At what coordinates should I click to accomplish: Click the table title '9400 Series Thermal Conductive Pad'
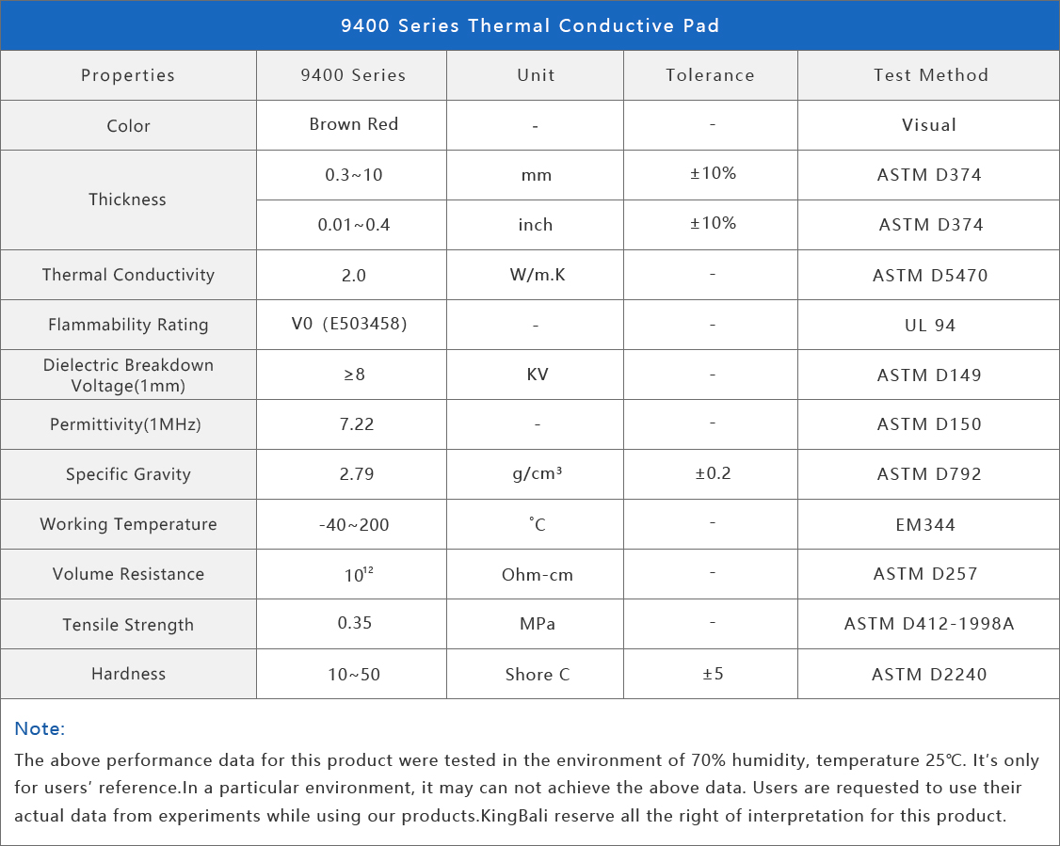point(530,25)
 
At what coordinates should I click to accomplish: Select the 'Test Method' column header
point(930,75)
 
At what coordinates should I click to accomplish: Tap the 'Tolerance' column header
point(710,75)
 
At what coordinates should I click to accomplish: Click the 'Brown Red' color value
point(353,124)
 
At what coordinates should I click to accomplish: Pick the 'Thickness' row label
point(127,200)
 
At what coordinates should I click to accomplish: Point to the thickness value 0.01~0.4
point(353,225)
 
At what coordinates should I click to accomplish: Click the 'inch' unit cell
point(536,225)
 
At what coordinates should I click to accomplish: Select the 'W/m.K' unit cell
point(536,275)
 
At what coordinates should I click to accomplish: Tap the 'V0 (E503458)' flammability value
point(348,325)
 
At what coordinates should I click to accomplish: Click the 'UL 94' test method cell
point(930,325)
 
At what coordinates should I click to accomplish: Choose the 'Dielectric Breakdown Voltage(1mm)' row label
point(128,375)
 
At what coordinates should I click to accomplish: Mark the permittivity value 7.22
point(357,424)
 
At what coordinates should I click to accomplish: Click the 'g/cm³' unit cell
point(537,474)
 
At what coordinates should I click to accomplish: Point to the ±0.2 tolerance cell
point(713,473)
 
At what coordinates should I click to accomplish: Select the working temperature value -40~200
point(354,524)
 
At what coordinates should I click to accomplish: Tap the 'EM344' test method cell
point(925,524)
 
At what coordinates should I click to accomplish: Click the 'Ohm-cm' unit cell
point(537,574)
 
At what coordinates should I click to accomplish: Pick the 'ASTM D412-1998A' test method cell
point(929,624)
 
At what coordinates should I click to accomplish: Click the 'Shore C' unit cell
point(537,674)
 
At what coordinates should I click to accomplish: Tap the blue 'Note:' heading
point(40,728)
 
